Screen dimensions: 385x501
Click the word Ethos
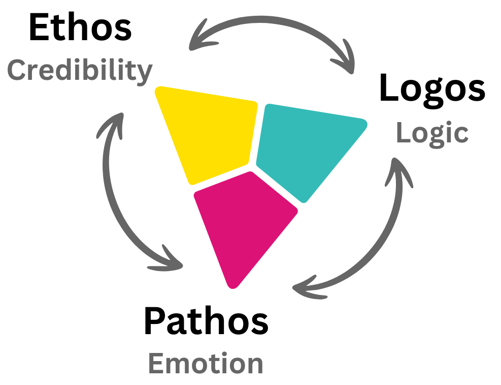pyautogui.click(x=80, y=28)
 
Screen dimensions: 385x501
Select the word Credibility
pyautogui.click(x=80, y=70)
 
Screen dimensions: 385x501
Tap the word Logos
pyautogui.click(x=432, y=88)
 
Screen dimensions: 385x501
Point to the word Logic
pyautogui.click(x=432, y=133)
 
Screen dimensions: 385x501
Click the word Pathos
pyautogui.click(x=206, y=321)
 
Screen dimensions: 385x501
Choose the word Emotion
pyautogui.click(x=206, y=364)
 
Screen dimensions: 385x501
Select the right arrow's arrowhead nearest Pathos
pyautogui.click(x=305, y=287)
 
